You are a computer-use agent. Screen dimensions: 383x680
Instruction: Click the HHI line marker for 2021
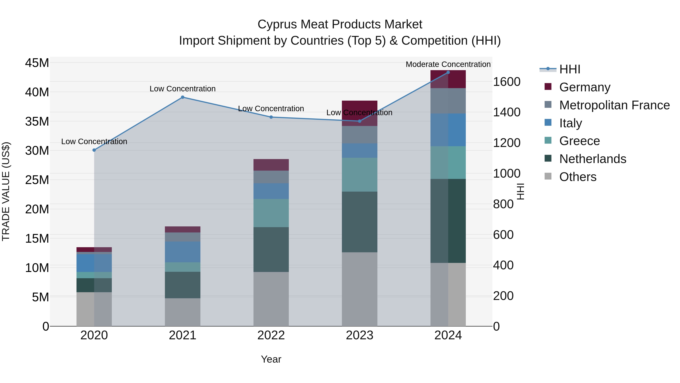pyautogui.click(x=182, y=97)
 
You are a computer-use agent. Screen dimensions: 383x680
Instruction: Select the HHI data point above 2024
pyautogui.click(x=448, y=72)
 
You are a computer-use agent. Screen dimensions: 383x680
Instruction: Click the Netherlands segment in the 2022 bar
pyautogui.click(x=271, y=249)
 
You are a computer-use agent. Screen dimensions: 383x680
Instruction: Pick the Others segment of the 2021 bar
pyautogui.click(x=182, y=312)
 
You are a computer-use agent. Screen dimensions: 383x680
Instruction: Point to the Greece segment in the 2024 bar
pyautogui.click(x=448, y=162)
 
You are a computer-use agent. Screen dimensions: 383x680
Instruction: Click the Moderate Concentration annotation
pyautogui.click(x=448, y=64)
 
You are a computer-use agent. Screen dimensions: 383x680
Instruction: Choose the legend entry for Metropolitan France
pyautogui.click(x=614, y=105)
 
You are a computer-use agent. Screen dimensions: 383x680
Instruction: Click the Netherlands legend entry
pyautogui.click(x=592, y=159)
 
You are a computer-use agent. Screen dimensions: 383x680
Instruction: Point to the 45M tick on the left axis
pyautogui.click(x=37, y=63)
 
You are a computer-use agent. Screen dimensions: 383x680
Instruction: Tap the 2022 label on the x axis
pyautogui.click(x=271, y=335)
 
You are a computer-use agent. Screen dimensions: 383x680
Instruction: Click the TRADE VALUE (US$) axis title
pyautogui.click(x=6, y=191)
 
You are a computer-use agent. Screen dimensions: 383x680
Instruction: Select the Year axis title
pyautogui.click(x=271, y=359)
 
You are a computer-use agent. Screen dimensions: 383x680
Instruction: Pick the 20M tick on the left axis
pyautogui.click(x=37, y=209)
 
